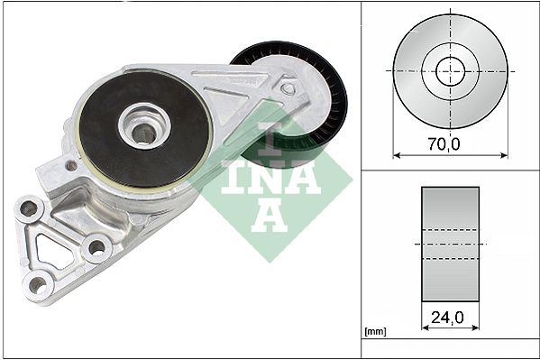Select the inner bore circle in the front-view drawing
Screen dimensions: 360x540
click(450, 69)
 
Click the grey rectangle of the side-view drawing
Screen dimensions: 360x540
click(450, 245)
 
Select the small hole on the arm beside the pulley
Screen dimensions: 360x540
click(288, 88)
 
